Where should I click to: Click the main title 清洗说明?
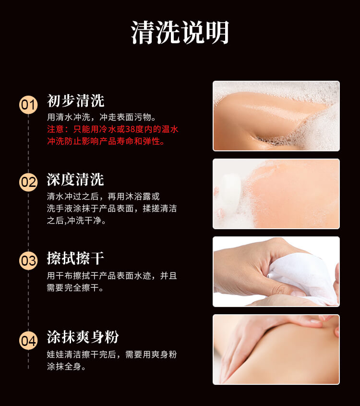click(180, 33)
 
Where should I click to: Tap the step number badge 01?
click(28, 105)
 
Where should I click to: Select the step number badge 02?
click(28, 182)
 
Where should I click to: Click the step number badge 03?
click(28, 260)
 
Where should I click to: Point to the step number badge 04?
click(28, 341)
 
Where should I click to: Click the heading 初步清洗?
click(75, 101)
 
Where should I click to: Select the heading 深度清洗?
click(75, 179)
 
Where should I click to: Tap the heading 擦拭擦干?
click(75, 258)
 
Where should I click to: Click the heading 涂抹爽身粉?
click(83, 337)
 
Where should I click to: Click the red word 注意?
click(55, 129)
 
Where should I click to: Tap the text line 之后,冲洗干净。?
click(76, 221)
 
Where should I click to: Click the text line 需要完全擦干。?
click(75, 287)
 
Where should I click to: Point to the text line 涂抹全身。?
click(66, 367)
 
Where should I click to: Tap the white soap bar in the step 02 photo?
click(231, 192)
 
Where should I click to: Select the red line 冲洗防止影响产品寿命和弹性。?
click(106, 141)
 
